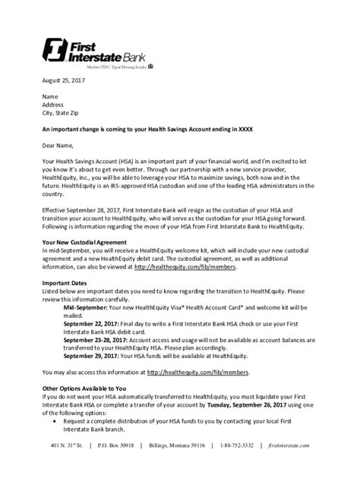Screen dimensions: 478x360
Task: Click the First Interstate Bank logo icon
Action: pos(55,50)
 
